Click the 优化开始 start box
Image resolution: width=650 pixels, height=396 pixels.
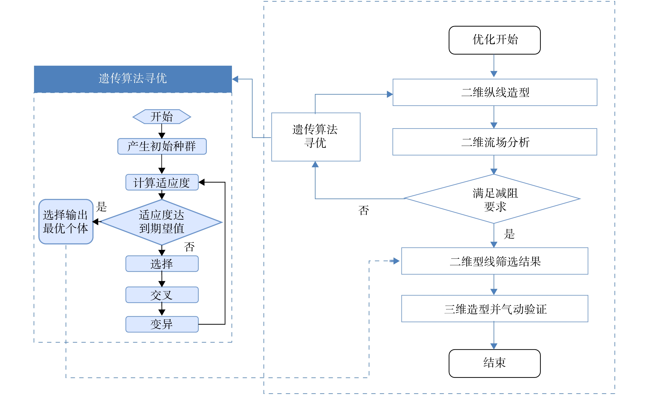pos(494,40)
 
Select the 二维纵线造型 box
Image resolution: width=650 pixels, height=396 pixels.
pos(495,92)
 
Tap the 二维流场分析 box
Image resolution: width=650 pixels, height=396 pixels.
pos(495,142)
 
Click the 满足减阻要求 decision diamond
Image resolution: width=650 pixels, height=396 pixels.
pos(492,199)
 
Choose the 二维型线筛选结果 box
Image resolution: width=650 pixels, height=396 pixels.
pos(495,261)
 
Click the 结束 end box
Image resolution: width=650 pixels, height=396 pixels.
pos(494,363)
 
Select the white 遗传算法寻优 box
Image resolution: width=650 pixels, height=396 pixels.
pos(316,137)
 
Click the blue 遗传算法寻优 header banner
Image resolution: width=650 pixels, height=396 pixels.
pos(133,79)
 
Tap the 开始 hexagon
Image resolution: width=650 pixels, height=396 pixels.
pos(162,116)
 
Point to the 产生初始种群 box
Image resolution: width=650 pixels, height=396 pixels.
pos(162,146)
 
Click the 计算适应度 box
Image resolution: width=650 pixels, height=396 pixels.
pos(162,182)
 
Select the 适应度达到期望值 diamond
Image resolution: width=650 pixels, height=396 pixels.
pos(161,222)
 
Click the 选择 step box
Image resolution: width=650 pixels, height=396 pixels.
pos(162,263)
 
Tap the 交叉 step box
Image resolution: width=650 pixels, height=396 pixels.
pos(162,295)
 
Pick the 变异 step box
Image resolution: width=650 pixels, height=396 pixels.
pos(162,324)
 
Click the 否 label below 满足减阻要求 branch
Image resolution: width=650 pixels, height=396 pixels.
pos(364,210)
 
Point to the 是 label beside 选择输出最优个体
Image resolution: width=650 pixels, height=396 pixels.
pos(101,206)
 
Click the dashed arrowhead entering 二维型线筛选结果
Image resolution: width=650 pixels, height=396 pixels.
pos(396,261)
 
